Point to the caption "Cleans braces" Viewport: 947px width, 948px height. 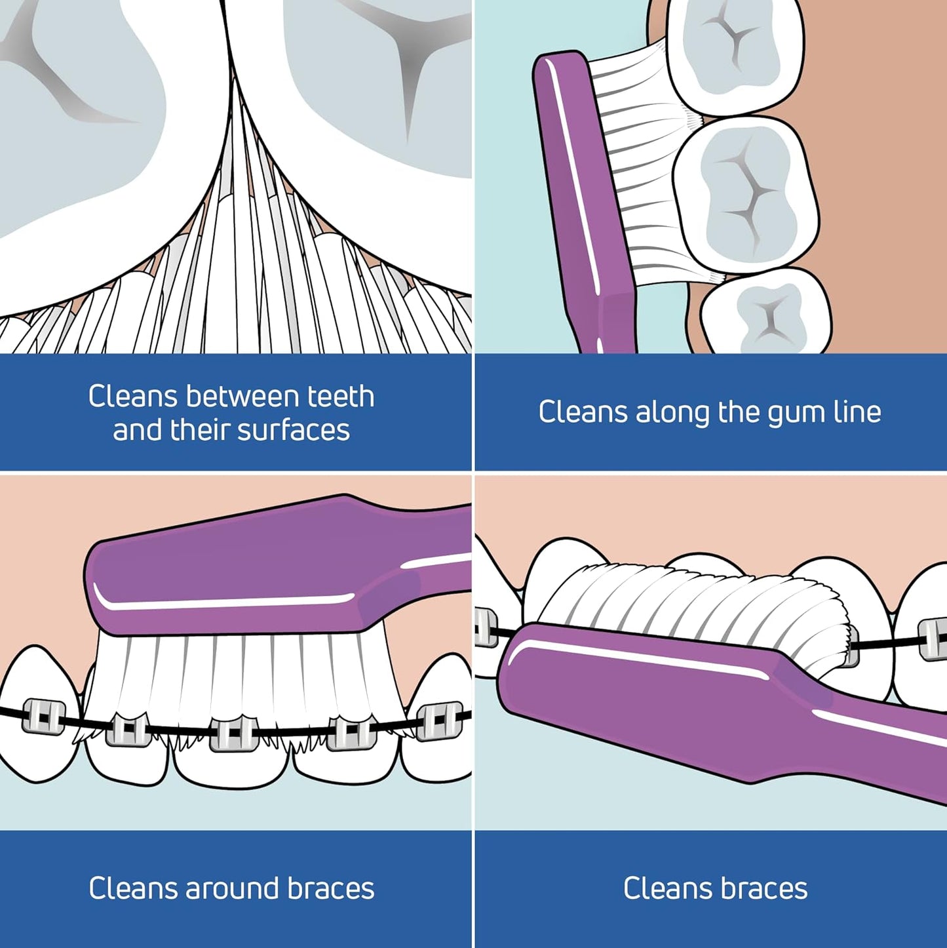tap(715, 889)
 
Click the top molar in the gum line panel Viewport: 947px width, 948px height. tap(734, 56)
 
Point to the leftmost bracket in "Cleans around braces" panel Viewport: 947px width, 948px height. tap(43, 716)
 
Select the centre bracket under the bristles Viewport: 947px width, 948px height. tap(232, 734)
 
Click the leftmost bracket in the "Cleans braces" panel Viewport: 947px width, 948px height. tap(486, 627)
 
